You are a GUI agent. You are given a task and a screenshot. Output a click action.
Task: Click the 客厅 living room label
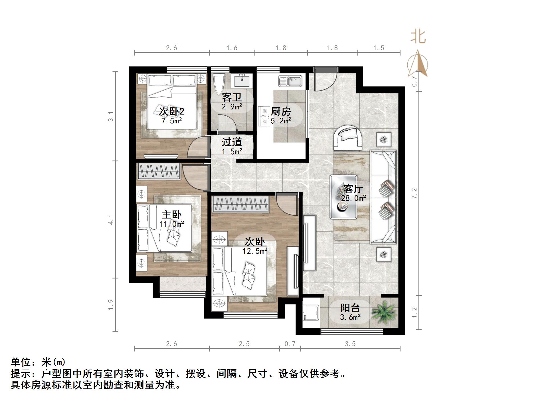point(353,189)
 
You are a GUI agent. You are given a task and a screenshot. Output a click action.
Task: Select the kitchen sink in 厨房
point(290,81)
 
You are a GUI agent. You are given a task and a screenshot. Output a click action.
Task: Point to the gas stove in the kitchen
point(264,116)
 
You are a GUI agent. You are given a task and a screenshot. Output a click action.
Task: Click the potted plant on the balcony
point(383,313)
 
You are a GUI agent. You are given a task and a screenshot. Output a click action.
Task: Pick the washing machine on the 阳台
point(310,313)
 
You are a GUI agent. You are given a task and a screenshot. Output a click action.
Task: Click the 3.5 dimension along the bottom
point(350,344)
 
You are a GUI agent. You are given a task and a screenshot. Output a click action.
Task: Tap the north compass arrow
point(418,64)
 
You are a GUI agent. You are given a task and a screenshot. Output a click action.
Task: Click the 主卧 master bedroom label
point(171,215)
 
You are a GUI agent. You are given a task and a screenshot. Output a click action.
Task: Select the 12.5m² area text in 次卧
point(255,251)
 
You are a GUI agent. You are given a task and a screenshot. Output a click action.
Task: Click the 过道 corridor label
point(232,142)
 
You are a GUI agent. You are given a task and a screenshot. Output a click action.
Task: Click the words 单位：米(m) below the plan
point(38,362)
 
